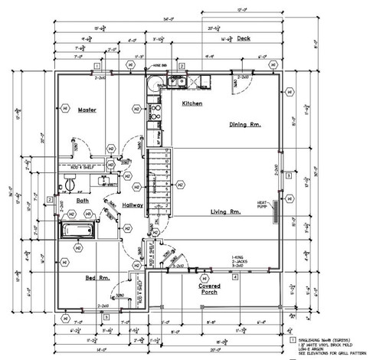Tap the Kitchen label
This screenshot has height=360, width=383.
pyautogui.click(x=191, y=103)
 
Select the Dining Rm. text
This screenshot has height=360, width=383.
pyautogui.click(x=246, y=123)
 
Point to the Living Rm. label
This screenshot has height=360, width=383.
pyautogui.click(x=227, y=211)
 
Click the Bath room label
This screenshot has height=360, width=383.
pyautogui.click(x=83, y=201)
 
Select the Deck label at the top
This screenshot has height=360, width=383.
pyautogui.click(x=244, y=38)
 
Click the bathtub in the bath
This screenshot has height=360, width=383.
pyautogui.click(x=78, y=231)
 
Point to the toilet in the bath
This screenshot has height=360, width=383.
pyautogui.click(x=70, y=184)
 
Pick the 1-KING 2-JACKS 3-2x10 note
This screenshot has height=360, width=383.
pyautogui.click(x=243, y=262)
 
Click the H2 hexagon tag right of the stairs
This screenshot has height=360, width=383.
pyautogui.click(x=180, y=184)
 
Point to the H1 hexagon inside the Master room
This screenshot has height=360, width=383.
pyautogui.click(x=65, y=110)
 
